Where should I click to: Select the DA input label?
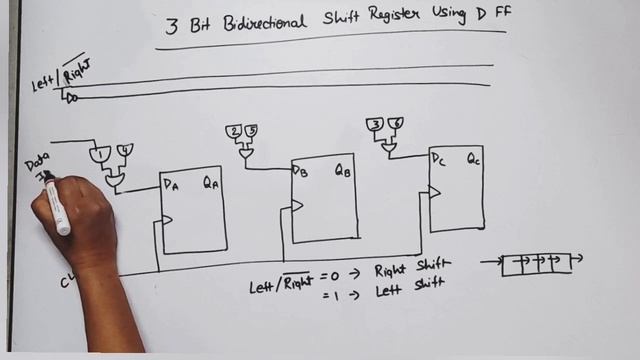pyautogui.click(x=169, y=184)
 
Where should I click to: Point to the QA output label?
pyautogui.click(x=211, y=182)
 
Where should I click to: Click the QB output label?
pyautogui.click(x=342, y=170)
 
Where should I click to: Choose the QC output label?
pyautogui.click(x=473, y=159)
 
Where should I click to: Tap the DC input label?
pyautogui.click(x=438, y=159)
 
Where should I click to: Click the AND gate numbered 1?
pyautogui.click(x=101, y=155)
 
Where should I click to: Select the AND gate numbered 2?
pyautogui.click(x=234, y=132)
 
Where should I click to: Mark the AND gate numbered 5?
pyautogui.click(x=251, y=132)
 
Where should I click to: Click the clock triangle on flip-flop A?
pyautogui.click(x=167, y=220)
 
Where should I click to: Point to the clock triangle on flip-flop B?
pyautogui.click(x=297, y=206)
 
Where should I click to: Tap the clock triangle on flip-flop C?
pyautogui.click(x=435, y=191)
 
